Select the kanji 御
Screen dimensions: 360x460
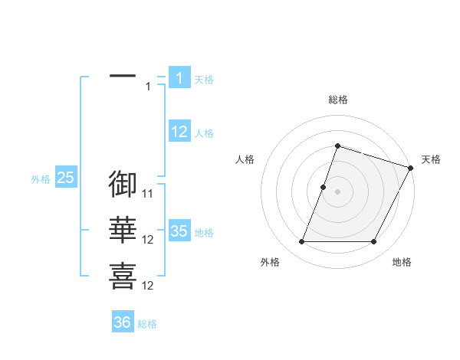[x=123, y=184]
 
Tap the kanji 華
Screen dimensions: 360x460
[x=123, y=231]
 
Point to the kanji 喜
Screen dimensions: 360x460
[x=123, y=277]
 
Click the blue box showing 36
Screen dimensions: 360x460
[x=123, y=322]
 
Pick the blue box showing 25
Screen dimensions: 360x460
[x=66, y=178]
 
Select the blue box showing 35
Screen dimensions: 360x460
[x=179, y=232]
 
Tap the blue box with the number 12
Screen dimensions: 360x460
[x=179, y=133]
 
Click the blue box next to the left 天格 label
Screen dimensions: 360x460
[x=179, y=78]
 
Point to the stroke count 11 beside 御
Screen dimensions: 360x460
[x=148, y=194]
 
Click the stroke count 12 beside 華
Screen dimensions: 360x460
[x=148, y=240]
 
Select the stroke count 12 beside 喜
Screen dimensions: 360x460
[x=148, y=286]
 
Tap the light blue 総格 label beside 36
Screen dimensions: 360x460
[x=147, y=324]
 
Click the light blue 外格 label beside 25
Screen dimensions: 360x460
[x=41, y=179]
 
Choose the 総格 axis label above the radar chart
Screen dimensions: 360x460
[x=337, y=100]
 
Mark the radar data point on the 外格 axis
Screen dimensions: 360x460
[x=301, y=242]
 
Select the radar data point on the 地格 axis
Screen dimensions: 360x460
[x=374, y=242]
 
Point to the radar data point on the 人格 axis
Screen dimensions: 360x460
[x=323, y=187]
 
